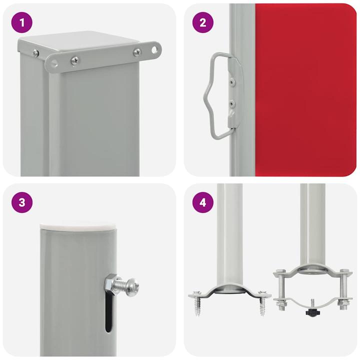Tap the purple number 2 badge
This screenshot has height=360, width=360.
coord(202,23)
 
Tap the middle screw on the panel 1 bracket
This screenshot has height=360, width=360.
coord(74,60)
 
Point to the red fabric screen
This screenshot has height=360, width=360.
coord(305,90)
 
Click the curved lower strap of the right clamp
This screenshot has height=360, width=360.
coord(310,303)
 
